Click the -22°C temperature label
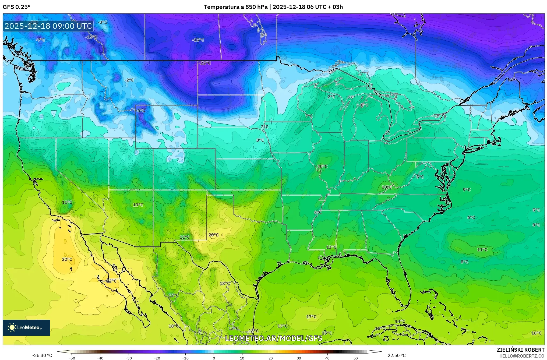[x=205, y=63]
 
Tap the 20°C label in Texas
[x=213, y=235]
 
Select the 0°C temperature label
[x=260, y=140]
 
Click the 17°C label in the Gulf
[x=311, y=317]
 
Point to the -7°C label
[x=41, y=40]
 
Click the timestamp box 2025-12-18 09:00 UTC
[x=48, y=26]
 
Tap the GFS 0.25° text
[x=16, y=7]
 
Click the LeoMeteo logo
[x=26, y=327]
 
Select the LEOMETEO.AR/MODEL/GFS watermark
[x=273, y=338]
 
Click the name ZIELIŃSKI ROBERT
[x=520, y=350]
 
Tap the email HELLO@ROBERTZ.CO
[x=522, y=356]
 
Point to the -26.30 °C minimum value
[x=42, y=355]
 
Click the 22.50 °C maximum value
[x=396, y=355]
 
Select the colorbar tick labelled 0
[x=214, y=358]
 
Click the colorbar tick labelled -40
[x=100, y=358]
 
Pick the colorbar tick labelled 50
[x=356, y=358]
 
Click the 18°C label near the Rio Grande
[x=225, y=283]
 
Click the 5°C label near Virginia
[x=420, y=177]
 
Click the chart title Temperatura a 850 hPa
[x=235, y=7]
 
